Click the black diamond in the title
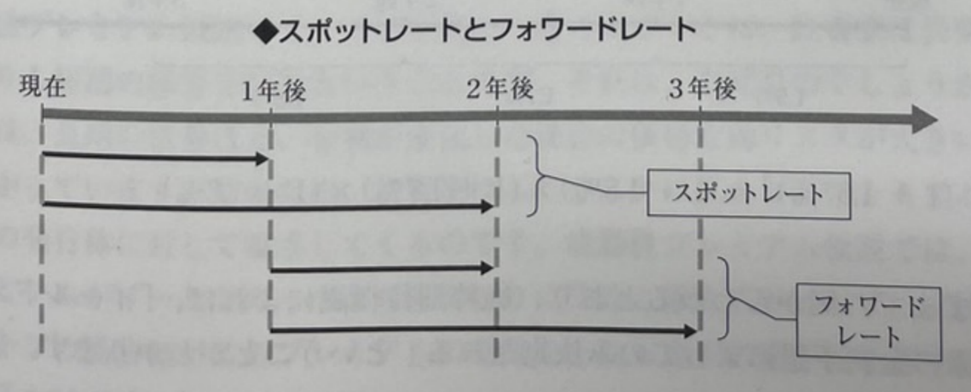pos(265,32)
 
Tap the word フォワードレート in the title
pos(591,31)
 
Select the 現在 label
pos(43,87)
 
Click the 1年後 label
pos(273,91)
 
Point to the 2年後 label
pos(500,89)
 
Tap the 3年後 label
pos(702,89)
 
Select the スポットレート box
pos(748,194)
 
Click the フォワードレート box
pos(868,321)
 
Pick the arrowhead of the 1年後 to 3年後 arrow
pos(690,331)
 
